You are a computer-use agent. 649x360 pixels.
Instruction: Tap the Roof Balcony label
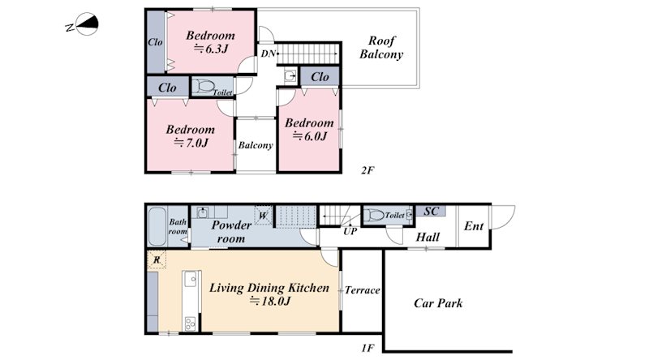[x=381, y=48]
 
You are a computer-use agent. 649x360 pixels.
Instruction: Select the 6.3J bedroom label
[x=210, y=42]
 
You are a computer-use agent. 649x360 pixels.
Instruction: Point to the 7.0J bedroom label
[x=191, y=136]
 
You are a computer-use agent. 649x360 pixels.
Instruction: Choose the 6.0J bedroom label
[x=309, y=130]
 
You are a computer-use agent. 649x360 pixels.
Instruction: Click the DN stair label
[x=268, y=54]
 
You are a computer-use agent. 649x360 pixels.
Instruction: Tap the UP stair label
[x=350, y=231]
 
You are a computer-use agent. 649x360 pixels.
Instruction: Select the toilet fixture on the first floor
[x=374, y=215]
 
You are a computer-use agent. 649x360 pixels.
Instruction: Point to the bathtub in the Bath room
[x=157, y=226]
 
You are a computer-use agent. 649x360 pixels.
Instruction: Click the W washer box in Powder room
[x=263, y=216]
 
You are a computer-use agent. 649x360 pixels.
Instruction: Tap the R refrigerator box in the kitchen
[x=157, y=259]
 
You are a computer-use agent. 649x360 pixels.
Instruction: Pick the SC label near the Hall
[x=431, y=212]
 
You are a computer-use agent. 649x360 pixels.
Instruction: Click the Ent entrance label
[x=474, y=226]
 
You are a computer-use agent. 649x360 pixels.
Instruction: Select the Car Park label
[x=438, y=303]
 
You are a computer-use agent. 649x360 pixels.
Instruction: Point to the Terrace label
[x=362, y=290]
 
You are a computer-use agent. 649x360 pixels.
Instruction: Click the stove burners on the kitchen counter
[x=190, y=324]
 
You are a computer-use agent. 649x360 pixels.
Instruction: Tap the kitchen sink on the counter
[x=191, y=279]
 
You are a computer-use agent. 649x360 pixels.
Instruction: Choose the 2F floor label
[x=367, y=170]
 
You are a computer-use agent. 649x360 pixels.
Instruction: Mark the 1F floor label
[x=367, y=348]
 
